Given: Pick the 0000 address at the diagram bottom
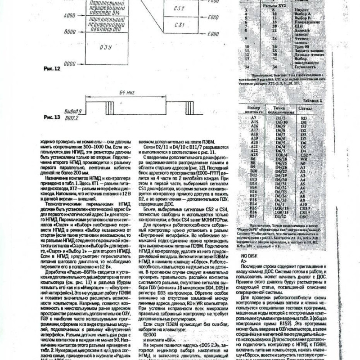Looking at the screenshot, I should tap(69, 63).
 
